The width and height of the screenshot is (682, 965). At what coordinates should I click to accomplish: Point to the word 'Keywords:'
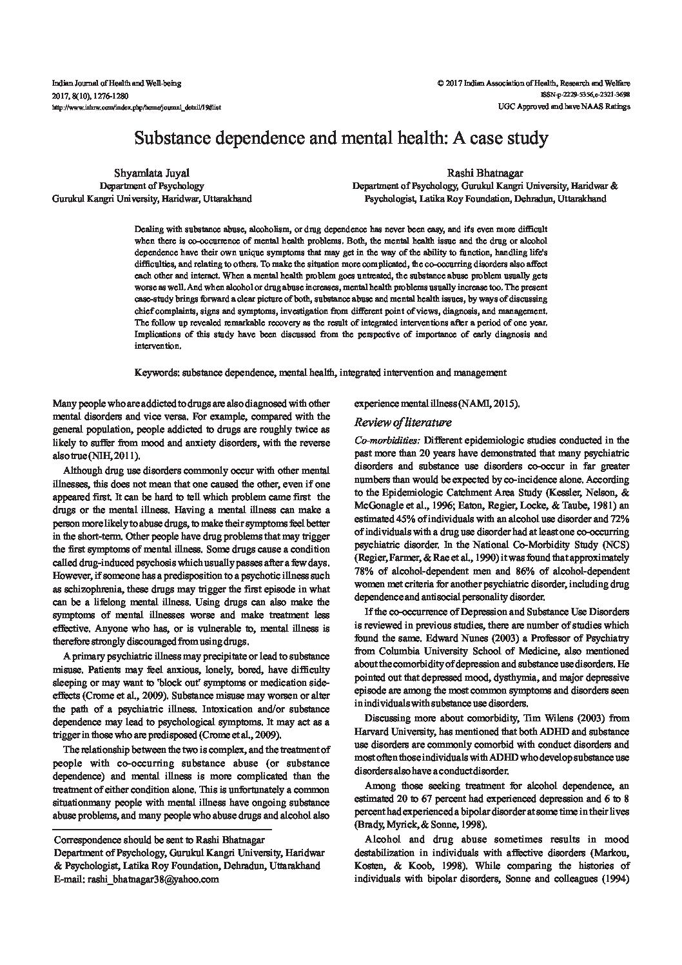click(x=157, y=373)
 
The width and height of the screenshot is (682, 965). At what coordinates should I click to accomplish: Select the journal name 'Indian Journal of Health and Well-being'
click(x=116, y=83)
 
